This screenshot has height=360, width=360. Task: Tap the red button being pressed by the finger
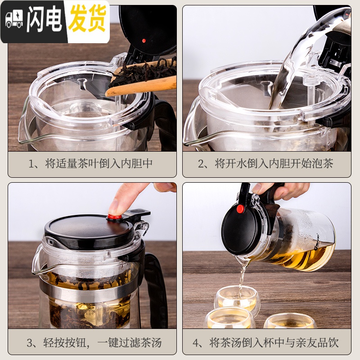pos(115,217)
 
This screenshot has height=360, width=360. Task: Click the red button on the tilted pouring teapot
pos(241,209)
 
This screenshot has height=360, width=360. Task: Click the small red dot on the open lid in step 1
pos(144,40)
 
